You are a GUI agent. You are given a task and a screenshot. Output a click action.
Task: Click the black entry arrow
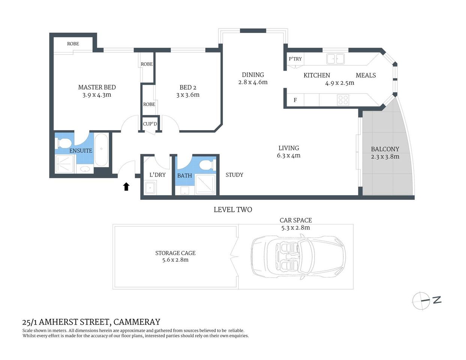[126, 186]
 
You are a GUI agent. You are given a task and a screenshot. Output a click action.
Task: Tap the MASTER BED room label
[97, 87]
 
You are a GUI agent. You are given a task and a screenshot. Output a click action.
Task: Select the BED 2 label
[188, 87]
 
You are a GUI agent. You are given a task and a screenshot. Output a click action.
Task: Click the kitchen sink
[335, 59]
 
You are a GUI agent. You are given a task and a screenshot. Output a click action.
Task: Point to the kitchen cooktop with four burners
[343, 100]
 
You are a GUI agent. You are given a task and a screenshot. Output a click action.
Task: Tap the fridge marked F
[295, 100]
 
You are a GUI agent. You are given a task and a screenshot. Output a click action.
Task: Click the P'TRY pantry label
[295, 59]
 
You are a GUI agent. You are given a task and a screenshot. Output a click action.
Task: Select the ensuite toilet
[63, 143]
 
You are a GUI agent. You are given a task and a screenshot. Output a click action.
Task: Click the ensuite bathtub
[101, 150]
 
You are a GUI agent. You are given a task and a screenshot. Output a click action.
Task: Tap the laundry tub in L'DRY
[150, 187]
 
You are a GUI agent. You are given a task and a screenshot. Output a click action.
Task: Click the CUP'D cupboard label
[150, 124]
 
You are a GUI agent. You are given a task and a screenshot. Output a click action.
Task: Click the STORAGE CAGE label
[175, 253]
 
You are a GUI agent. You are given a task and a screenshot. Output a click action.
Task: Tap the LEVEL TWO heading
[233, 210]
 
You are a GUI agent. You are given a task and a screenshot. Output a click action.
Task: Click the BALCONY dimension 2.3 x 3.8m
[385, 157]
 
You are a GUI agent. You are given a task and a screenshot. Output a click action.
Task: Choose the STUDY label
[234, 175]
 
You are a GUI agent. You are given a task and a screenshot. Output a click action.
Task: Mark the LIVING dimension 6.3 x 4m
[289, 156]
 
